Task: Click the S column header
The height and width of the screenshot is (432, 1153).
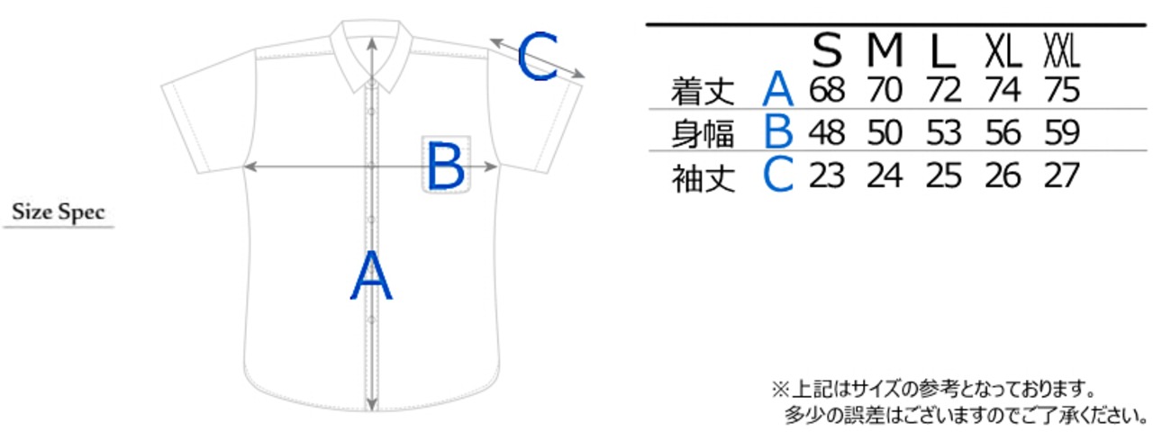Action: (x=827, y=52)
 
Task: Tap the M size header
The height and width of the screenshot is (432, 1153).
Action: (x=885, y=52)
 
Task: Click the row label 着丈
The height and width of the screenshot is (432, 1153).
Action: (x=703, y=91)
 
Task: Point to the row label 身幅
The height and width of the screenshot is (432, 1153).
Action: (x=703, y=134)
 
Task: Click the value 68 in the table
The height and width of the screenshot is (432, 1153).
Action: (x=826, y=90)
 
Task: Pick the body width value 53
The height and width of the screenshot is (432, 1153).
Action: (x=943, y=133)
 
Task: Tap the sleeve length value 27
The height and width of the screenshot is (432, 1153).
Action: (x=1060, y=175)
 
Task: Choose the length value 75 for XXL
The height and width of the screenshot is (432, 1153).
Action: (x=1060, y=90)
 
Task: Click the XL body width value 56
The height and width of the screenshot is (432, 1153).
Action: (x=1002, y=133)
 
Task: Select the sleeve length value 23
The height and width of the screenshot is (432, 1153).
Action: (x=826, y=175)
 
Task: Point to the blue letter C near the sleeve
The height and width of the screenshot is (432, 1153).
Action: (x=539, y=57)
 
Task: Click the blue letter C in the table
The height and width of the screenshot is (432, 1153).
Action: (x=778, y=175)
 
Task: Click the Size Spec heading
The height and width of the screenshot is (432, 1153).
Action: (x=59, y=213)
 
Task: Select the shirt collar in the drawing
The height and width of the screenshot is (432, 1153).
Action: (x=372, y=49)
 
